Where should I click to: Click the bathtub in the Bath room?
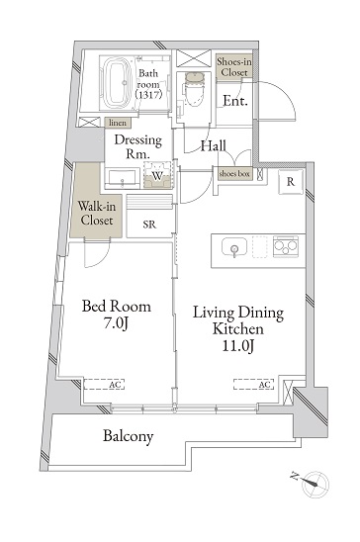(x=117, y=83)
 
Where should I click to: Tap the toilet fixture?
(x=194, y=89)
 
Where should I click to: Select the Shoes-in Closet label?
(x=234, y=67)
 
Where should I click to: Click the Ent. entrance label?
(x=235, y=101)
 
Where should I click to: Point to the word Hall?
(x=214, y=145)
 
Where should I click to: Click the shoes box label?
(x=234, y=173)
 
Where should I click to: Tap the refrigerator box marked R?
(x=291, y=182)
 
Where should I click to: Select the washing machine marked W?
(x=157, y=175)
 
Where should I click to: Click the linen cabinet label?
(x=118, y=123)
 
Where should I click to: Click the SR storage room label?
(x=149, y=225)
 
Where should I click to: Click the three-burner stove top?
(x=286, y=245)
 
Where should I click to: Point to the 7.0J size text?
(x=117, y=323)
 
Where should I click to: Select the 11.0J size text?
(x=238, y=345)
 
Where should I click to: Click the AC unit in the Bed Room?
(x=104, y=385)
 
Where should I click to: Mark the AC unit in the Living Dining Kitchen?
(x=253, y=385)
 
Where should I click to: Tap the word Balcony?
(x=128, y=436)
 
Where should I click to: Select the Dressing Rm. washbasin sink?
(x=122, y=179)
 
